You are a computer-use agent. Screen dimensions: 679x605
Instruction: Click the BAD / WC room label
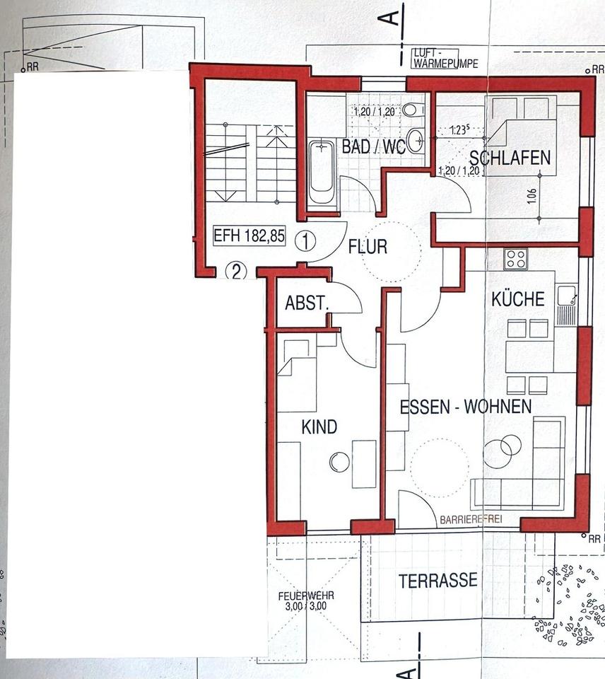tap(373, 147)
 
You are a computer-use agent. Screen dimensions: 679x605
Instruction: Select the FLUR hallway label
tap(367, 247)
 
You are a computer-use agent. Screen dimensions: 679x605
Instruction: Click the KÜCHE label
tap(519, 298)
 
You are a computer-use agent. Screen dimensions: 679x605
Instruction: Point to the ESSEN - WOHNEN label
tap(465, 407)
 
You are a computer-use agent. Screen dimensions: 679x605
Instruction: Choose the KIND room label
tap(319, 426)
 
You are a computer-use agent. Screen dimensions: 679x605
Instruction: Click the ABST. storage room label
tap(307, 303)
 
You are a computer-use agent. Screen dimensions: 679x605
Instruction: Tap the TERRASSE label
tap(437, 581)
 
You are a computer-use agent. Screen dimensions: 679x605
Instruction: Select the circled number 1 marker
tap(305, 241)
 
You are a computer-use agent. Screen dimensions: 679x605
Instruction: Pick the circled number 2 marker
tap(236, 271)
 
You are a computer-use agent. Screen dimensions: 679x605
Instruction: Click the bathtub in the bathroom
tap(321, 172)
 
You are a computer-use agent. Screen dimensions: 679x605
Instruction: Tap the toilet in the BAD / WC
tap(412, 110)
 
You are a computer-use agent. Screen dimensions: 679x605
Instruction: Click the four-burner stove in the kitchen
tap(515, 259)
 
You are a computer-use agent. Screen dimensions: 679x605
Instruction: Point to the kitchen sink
tap(565, 298)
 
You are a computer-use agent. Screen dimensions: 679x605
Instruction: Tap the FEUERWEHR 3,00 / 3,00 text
tap(306, 600)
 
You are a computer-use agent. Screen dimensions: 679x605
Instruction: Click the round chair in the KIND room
tap(339, 462)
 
